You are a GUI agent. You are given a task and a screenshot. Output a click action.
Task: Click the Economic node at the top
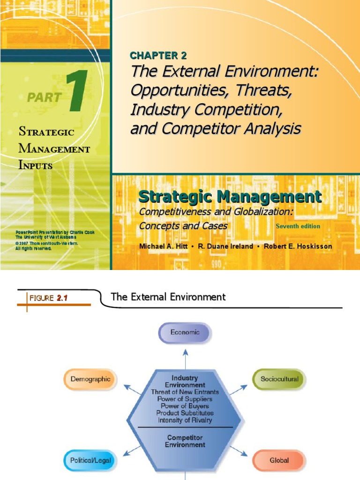pyautogui.click(x=185, y=332)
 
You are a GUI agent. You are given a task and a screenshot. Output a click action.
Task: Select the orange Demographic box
pyautogui.click(x=90, y=379)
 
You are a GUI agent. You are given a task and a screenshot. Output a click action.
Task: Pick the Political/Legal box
pyautogui.click(x=90, y=460)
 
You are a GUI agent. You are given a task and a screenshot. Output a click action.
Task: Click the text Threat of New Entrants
pyautogui.click(x=185, y=392)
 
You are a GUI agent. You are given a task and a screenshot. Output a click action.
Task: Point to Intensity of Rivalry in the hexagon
pyautogui.click(x=185, y=420)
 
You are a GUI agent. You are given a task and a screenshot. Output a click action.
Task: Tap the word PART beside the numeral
pyautogui.click(x=44, y=97)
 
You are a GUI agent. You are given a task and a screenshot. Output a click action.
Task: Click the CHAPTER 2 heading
pyautogui.click(x=158, y=56)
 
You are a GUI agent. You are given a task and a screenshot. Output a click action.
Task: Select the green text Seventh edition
pyautogui.click(x=298, y=226)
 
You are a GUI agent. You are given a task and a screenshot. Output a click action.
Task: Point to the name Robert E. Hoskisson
pyautogui.click(x=298, y=247)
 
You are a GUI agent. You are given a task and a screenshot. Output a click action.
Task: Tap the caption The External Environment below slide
pyautogui.click(x=168, y=297)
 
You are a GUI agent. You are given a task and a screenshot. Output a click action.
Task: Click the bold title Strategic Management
pyautogui.click(x=230, y=197)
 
